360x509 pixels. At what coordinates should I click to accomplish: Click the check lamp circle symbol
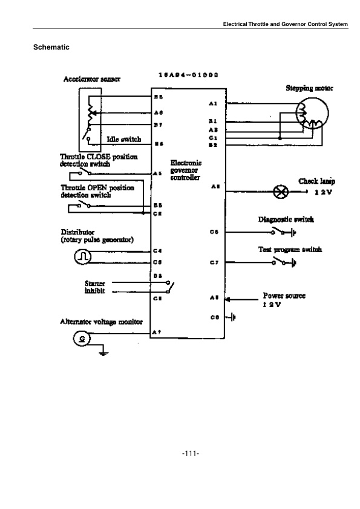pyautogui.click(x=280, y=192)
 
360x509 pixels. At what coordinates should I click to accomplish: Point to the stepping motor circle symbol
pyautogui.click(x=312, y=114)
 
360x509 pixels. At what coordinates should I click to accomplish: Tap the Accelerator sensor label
pyautogui.click(x=92, y=80)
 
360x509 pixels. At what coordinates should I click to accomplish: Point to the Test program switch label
pyautogui.click(x=290, y=249)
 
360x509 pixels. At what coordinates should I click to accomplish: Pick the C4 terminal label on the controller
pyautogui.click(x=157, y=250)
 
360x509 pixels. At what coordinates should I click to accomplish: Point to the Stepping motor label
pyautogui.click(x=309, y=88)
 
